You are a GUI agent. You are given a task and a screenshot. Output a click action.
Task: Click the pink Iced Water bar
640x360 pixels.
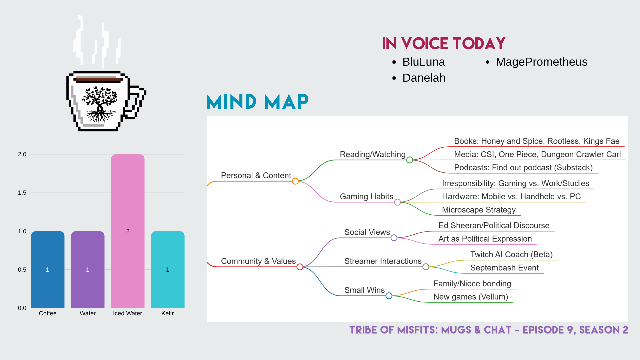(x=128, y=231)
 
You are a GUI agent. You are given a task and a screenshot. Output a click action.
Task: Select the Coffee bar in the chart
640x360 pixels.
(x=48, y=269)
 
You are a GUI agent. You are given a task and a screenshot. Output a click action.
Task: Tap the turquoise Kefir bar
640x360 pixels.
(x=168, y=269)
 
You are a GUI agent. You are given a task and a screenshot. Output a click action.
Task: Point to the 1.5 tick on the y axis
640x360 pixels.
(x=22, y=193)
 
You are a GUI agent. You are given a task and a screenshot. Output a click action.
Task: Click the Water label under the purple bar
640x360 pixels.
(x=88, y=313)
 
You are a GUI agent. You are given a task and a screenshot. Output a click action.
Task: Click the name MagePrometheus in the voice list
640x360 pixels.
(x=542, y=62)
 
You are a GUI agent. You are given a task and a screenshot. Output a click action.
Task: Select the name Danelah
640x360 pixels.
(x=424, y=78)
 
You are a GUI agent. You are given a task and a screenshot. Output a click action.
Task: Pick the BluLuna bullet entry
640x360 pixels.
(x=424, y=62)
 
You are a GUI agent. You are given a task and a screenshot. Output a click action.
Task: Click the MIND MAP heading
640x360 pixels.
(x=257, y=102)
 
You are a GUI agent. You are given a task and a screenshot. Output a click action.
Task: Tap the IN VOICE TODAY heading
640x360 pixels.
(x=444, y=44)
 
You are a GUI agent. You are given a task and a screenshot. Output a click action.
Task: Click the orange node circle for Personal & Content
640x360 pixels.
(x=295, y=181)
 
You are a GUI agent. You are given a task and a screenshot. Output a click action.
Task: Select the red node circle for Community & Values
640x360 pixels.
(x=300, y=267)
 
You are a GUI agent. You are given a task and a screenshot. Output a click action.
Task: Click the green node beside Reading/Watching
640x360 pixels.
(x=410, y=160)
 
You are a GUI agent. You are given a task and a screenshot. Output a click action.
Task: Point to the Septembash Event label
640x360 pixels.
(x=504, y=268)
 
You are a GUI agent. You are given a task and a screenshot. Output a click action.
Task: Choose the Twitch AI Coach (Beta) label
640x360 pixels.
(x=511, y=255)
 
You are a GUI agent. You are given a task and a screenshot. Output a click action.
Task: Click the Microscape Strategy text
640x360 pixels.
(x=479, y=210)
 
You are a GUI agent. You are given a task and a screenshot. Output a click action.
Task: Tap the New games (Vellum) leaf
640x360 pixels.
(x=471, y=297)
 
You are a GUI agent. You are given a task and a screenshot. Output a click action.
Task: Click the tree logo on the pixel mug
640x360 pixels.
(x=100, y=104)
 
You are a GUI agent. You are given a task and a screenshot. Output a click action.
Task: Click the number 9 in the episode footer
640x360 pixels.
(x=570, y=330)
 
